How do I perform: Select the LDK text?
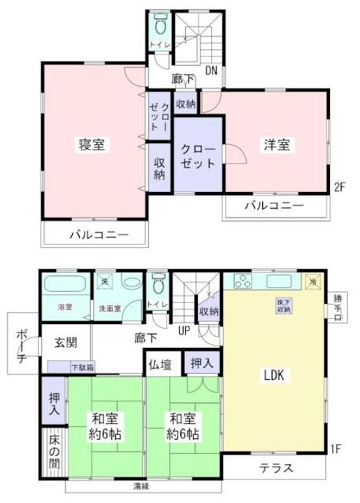(275, 375)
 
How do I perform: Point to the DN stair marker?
(211, 70)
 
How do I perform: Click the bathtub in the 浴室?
(64, 286)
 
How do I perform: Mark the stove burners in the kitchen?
(244, 282)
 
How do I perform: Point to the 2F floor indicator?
(340, 187)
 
